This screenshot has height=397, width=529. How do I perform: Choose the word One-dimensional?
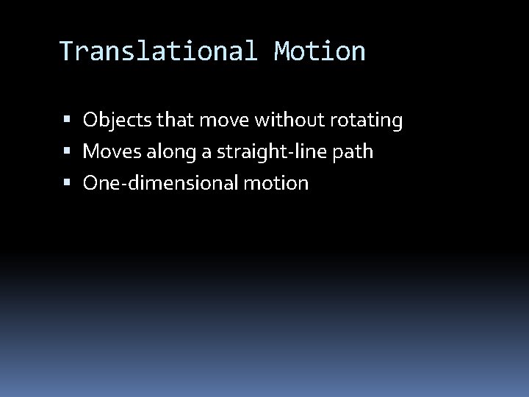point(160,183)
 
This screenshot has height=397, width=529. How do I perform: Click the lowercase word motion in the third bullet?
point(276,183)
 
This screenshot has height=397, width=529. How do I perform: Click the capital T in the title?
point(66,51)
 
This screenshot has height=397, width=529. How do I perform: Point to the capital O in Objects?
point(90,120)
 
